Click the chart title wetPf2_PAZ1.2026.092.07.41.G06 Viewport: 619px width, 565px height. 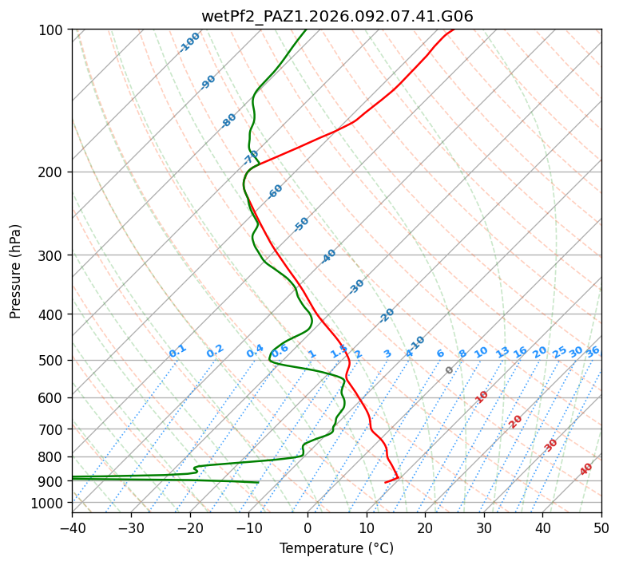[336, 17]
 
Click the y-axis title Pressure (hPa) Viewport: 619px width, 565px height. [16, 271]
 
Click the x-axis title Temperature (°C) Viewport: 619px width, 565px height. [336, 548]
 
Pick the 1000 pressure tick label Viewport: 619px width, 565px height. [50, 503]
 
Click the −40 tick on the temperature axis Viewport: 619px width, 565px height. [72, 527]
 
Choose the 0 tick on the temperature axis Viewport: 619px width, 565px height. [308, 527]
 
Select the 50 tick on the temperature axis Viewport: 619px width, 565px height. [601, 527]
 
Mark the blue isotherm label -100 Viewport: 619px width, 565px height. [190, 41]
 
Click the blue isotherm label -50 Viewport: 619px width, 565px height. [301, 224]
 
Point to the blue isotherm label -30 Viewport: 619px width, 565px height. [356, 286]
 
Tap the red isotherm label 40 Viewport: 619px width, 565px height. [586, 469]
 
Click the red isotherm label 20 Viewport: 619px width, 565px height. [516, 421]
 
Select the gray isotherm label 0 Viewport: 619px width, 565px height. [450, 370]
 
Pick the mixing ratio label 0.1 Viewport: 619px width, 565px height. [177, 350]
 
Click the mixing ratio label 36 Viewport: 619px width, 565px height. [593, 351]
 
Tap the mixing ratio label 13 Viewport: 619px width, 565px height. [502, 352]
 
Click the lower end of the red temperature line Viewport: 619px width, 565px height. [386, 482]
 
